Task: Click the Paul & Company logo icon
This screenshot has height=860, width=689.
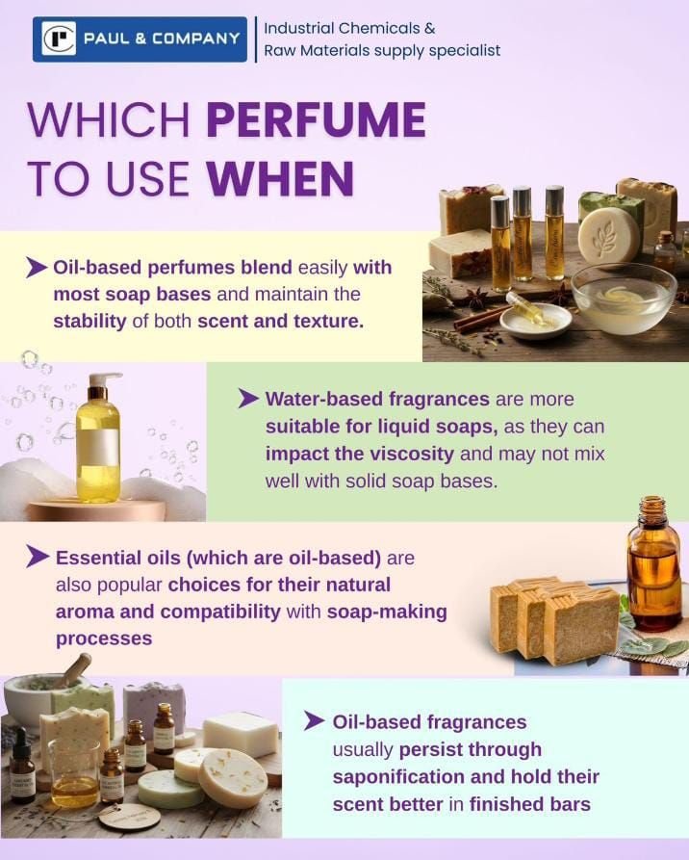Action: click(x=60, y=39)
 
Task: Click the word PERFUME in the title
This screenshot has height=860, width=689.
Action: click(x=317, y=119)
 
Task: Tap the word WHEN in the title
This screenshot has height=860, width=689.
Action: click(x=280, y=178)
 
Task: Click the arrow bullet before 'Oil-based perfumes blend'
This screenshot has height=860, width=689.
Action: click(x=37, y=268)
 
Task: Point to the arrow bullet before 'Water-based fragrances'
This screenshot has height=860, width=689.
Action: click(x=248, y=399)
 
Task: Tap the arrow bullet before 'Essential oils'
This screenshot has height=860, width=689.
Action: click(x=38, y=557)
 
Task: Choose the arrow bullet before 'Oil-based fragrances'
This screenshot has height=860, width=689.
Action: click(x=315, y=721)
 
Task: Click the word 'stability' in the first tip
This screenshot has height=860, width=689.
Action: click(x=89, y=322)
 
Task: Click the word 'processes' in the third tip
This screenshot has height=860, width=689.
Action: click(x=104, y=638)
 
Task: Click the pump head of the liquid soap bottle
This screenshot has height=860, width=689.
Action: click(x=104, y=380)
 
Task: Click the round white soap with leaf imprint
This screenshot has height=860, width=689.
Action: click(x=609, y=236)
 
